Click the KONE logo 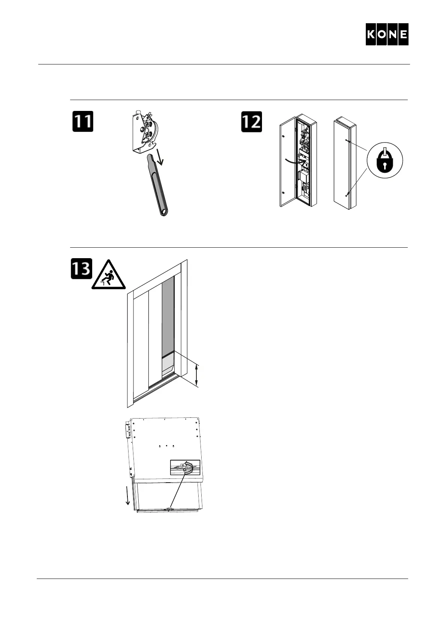[387, 34]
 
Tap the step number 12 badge [251, 121]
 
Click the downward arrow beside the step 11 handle [161, 156]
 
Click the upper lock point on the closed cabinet [347, 141]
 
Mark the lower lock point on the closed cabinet [347, 194]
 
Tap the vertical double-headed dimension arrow [197, 375]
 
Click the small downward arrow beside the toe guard [128, 496]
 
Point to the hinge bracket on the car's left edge [127, 430]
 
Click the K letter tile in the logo [371, 34]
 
